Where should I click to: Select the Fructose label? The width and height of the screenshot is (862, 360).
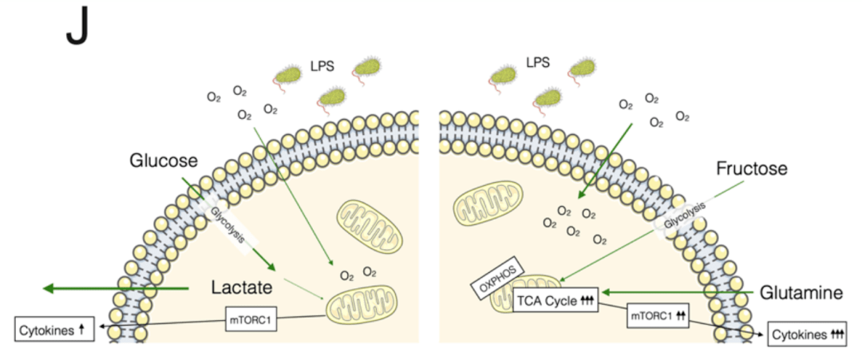click(x=752, y=168)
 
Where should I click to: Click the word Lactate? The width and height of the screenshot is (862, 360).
click(x=243, y=287)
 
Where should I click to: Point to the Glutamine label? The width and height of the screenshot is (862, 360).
click(x=801, y=293)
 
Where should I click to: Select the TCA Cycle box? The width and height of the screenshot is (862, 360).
click(x=555, y=301)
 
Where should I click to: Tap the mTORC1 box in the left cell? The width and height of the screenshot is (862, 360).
click(x=251, y=319)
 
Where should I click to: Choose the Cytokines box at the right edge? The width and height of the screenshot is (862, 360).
click(x=808, y=334)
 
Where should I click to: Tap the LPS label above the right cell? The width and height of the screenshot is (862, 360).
click(x=538, y=62)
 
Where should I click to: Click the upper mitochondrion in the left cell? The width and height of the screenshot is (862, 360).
click(x=370, y=227)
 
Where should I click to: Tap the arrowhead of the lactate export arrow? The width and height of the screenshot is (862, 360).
click(x=49, y=287)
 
